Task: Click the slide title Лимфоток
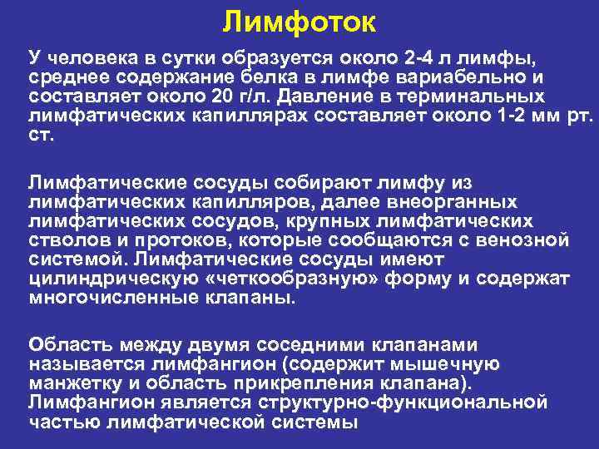(x=299, y=22)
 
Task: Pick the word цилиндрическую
(x=105, y=279)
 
